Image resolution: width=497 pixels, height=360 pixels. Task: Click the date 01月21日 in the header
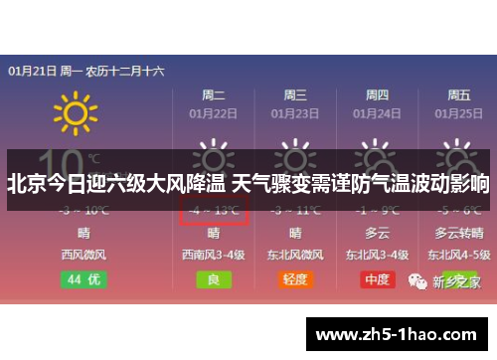click(x=31, y=72)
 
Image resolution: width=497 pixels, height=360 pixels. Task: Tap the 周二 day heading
click(x=213, y=95)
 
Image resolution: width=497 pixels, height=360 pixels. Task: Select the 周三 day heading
click(x=295, y=95)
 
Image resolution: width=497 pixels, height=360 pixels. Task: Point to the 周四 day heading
click(x=377, y=95)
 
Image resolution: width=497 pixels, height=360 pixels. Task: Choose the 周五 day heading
click(x=458, y=95)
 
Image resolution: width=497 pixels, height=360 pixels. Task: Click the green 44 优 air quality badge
click(x=71, y=279)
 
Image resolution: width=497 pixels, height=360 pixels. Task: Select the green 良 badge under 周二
click(x=213, y=279)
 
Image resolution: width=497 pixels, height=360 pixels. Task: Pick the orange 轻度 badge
click(x=295, y=279)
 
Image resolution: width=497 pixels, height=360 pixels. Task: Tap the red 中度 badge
click(x=377, y=279)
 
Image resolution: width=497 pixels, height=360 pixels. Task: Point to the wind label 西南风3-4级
click(x=213, y=255)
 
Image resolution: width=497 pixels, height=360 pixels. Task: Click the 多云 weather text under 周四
click(x=377, y=234)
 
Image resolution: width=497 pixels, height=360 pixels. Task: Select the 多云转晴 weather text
click(x=458, y=234)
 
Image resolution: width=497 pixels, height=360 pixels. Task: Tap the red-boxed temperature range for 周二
click(x=213, y=210)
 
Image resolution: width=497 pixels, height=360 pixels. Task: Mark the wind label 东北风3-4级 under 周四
click(x=377, y=255)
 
